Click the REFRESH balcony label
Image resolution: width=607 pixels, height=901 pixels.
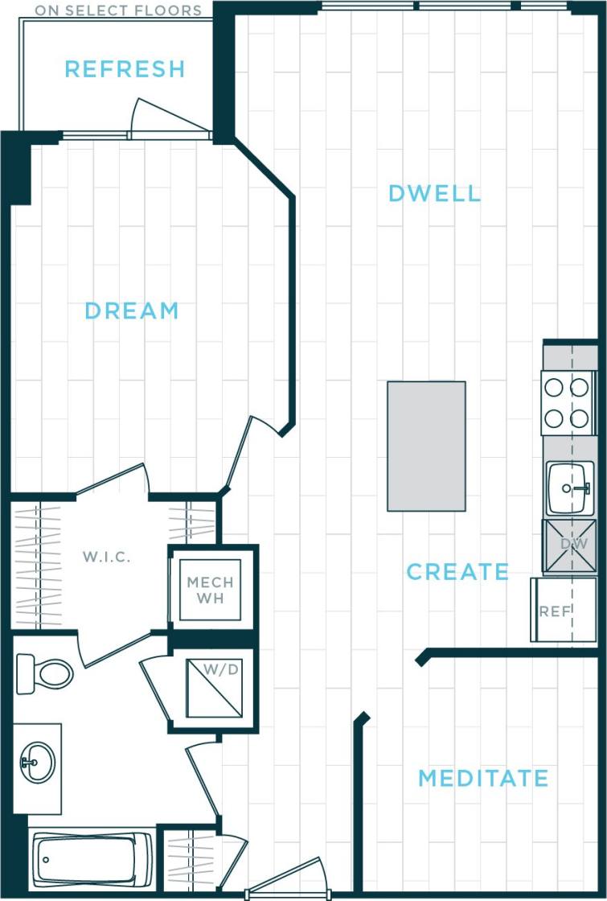pos(125,69)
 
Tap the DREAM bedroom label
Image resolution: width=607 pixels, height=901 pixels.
pos(132,311)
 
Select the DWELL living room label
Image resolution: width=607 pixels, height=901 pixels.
pos(434,194)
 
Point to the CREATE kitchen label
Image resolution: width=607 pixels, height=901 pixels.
pos(457,572)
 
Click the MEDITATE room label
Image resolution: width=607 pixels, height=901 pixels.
pos(483,779)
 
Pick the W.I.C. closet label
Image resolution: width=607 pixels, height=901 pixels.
pos(106,557)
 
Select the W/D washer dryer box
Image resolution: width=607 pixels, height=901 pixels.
pos(213,689)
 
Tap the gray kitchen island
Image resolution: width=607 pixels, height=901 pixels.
pos(426,446)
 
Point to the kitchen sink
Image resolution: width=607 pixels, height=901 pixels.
pos(570,488)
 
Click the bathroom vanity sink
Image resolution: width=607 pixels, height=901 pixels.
pos(37,760)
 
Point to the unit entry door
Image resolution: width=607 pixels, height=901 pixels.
pos(286,881)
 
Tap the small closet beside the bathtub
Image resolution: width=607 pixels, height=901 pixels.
pos(190,859)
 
